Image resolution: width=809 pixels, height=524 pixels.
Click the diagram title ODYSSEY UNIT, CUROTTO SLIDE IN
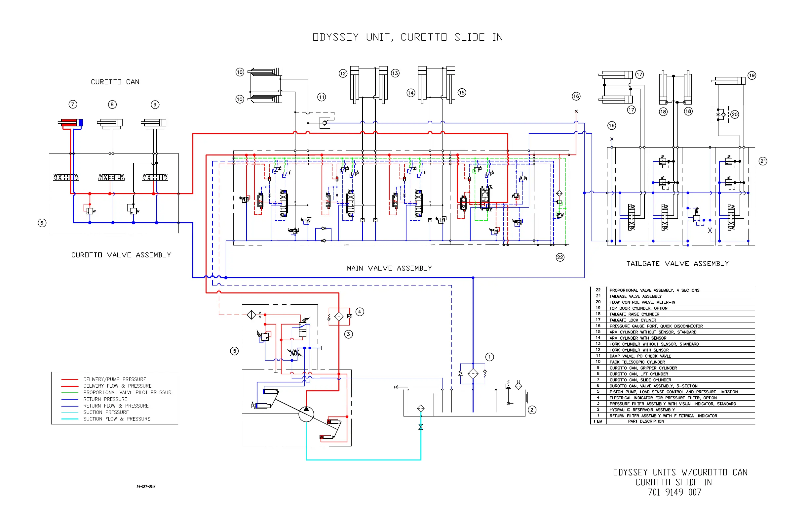(x=407, y=37)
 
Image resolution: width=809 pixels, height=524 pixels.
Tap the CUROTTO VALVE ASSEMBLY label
(x=121, y=255)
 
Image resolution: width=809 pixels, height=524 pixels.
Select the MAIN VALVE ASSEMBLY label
(x=389, y=268)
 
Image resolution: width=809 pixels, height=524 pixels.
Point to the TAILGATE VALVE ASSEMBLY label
(x=677, y=263)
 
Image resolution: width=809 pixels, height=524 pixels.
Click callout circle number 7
(x=73, y=104)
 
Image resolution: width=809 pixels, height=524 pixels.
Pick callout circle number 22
(x=560, y=257)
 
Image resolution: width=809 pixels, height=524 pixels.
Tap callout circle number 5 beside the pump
(x=234, y=351)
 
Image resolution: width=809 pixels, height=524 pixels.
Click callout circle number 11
(x=322, y=97)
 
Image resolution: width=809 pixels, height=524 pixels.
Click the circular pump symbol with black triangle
(x=306, y=414)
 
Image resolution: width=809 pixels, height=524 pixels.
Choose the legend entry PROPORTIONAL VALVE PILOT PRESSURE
(x=129, y=392)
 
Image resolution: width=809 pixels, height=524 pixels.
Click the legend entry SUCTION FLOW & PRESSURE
(x=117, y=419)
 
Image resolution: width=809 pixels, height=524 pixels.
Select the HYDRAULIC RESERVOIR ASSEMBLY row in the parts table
(x=642, y=410)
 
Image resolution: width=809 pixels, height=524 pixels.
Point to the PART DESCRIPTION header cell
(x=646, y=421)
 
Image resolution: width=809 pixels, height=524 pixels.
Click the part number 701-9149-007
(x=674, y=492)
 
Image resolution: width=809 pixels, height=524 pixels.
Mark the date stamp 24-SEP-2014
(x=146, y=487)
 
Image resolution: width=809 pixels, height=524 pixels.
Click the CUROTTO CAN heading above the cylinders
(x=115, y=82)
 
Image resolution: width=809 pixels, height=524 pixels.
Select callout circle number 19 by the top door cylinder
(x=752, y=75)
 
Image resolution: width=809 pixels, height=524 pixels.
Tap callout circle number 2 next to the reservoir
(x=532, y=410)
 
